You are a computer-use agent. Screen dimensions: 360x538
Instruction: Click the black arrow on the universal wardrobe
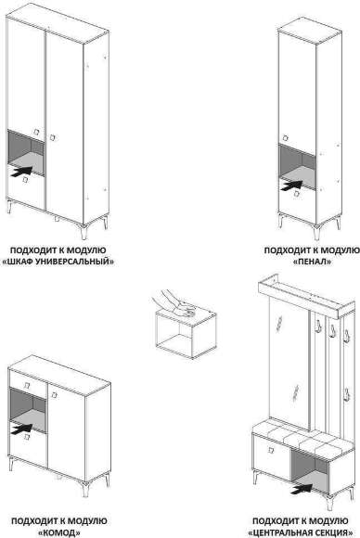tap(22, 172)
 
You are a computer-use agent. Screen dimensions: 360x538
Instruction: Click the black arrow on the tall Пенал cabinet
tap(291, 186)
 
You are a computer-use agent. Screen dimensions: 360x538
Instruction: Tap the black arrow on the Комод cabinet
tap(21, 429)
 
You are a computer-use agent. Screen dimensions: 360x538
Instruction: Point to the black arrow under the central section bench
tap(302, 489)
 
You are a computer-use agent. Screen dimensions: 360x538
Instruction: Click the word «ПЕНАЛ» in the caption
tap(313, 262)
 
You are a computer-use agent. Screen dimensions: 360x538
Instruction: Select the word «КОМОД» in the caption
tap(59, 532)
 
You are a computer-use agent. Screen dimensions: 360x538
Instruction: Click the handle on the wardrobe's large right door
tap(53, 137)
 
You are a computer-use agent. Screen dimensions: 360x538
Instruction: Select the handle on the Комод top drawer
tap(27, 385)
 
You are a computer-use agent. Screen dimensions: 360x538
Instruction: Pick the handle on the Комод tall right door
tap(54, 395)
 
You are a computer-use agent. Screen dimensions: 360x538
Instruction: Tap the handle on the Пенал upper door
tap(286, 138)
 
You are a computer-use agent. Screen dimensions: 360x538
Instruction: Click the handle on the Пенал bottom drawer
tap(297, 194)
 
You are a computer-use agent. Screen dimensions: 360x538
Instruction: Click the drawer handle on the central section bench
tap(271, 450)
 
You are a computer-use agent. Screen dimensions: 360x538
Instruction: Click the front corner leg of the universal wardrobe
tap(84, 232)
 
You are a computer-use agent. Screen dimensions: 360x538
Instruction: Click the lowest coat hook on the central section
tap(347, 394)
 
